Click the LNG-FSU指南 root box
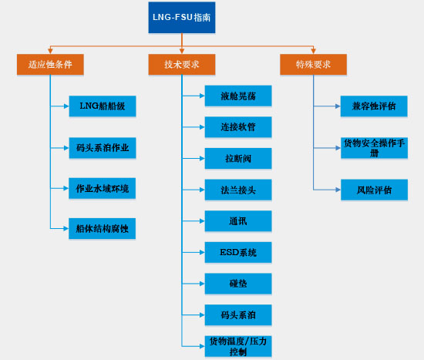(182, 18)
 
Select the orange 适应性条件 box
(50, 65)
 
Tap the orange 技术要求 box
(182, 65)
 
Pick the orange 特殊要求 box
(314, 65)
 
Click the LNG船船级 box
(103, 106)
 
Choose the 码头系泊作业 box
(103, 148)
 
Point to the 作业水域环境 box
(103, 188)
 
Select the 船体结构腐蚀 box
(103, 228)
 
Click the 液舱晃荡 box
(238, 96)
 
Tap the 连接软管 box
(238, 127)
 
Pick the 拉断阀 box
(238, 159)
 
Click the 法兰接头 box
(238, 190)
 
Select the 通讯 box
(238, 221)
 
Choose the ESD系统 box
(238, 252)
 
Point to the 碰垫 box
(238, 284)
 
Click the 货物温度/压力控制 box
(238, 346)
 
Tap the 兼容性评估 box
(374, 106)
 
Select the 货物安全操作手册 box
(374, 148)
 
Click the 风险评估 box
(374, 190)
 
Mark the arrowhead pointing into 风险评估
(338, 190)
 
